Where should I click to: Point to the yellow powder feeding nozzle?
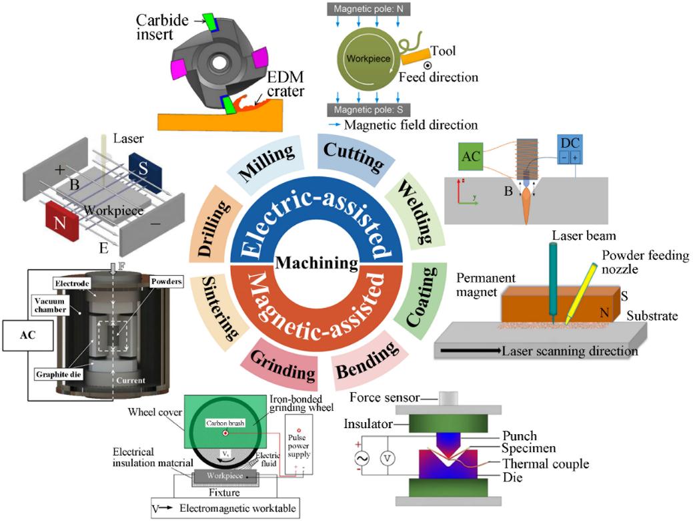click(x=577, y=293)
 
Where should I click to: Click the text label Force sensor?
click(x=390, y=398)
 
